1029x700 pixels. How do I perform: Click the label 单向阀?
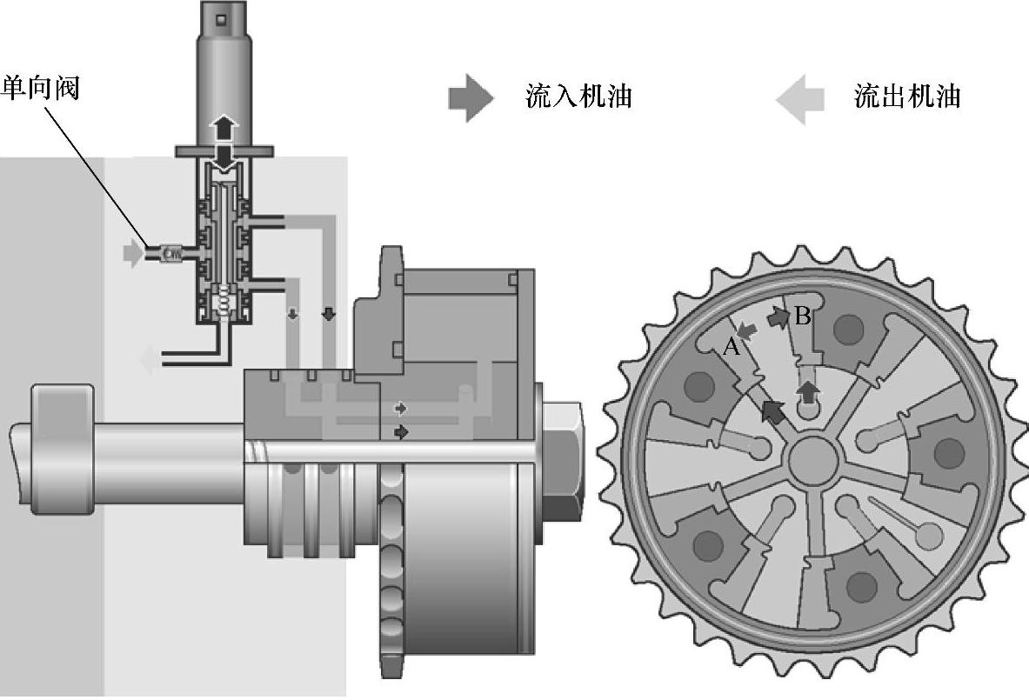click(x=41, y=87)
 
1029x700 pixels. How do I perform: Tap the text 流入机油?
click(x=578, y=97)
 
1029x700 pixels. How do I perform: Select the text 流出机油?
click(x=907, y=97)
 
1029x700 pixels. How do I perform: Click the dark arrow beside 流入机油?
click(x=471, y=97)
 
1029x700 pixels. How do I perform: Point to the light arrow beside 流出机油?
click(x=800, y=99)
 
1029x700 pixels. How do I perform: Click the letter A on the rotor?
click(x=731, y=346)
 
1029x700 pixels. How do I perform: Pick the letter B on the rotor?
click(x=802, y=317)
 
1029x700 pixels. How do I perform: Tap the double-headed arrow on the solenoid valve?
click(x=224, y=144)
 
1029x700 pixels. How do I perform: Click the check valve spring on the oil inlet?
click(x=172, y=252)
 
